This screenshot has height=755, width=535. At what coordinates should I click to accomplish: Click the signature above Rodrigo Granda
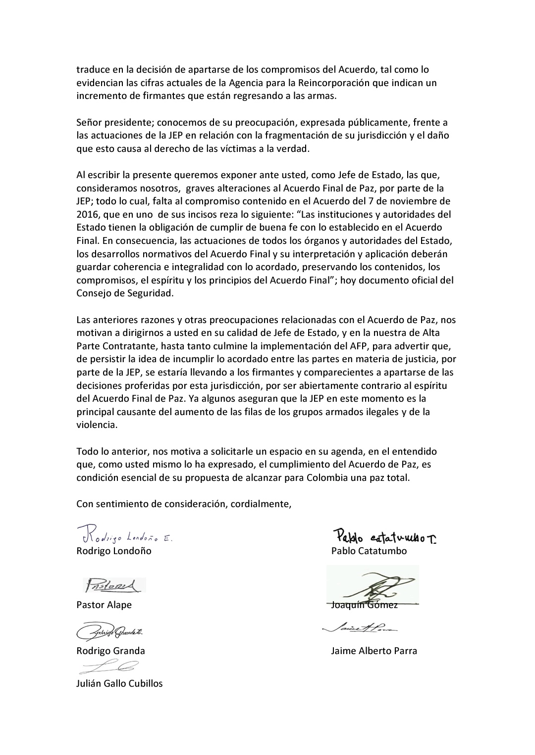pos(112,632)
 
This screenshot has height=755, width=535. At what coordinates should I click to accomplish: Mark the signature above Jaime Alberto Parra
pos(360,628)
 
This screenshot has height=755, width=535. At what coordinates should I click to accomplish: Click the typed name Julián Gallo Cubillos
pos(119,684)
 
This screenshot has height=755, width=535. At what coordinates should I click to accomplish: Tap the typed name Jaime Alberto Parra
pos(374,651)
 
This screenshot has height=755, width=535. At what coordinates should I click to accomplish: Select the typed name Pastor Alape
pos(104,605)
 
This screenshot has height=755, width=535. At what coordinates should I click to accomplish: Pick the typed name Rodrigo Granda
pos(110,651)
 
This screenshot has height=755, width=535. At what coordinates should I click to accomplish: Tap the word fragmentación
pos(280,135)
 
